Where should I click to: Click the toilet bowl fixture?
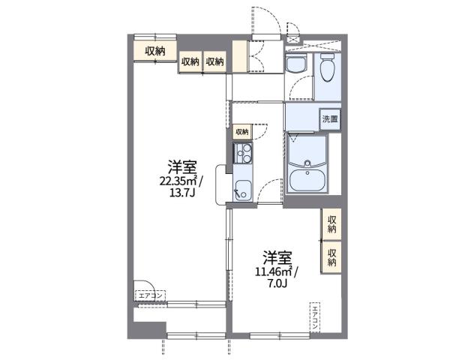[328, 70]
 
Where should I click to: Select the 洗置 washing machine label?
[330, 119]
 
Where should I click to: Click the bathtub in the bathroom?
[307, 179]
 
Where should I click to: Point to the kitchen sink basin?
[243, 189]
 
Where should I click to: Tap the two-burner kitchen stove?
[243, 156]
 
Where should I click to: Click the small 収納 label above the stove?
[241, 132]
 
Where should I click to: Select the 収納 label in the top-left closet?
[155, 51]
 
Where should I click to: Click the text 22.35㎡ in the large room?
[177, 180]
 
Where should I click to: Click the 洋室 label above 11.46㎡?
[277, 256]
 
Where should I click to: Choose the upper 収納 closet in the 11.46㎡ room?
[331, 222]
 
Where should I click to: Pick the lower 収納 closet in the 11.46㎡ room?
[331, 257]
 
